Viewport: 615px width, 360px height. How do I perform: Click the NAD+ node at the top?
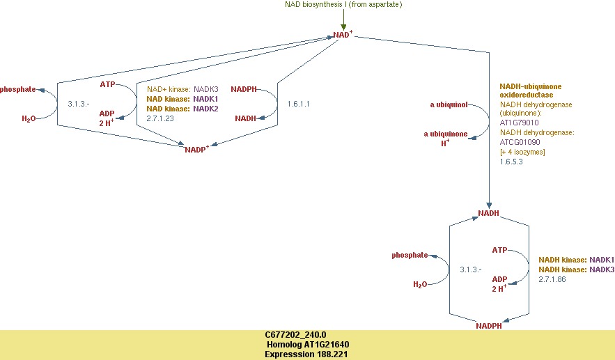point(343,34)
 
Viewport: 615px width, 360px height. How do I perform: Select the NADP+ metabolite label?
point(197,149)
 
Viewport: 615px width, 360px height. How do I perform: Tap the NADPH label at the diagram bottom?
point(489,325)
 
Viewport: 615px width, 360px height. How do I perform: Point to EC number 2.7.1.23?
point(160,119)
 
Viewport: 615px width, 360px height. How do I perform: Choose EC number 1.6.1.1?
point(298,104)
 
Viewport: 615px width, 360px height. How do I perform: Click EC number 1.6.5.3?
point(511,162)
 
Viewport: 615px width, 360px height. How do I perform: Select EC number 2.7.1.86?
point(552,279)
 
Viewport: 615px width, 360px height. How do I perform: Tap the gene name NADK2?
point(205,109)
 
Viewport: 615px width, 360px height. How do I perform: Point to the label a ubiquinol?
point(449,104)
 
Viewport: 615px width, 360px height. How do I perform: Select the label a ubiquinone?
point(446,133)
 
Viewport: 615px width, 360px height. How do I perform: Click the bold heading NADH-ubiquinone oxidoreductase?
point(531,91)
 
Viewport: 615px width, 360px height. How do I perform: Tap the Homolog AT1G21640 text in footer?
point(307,345)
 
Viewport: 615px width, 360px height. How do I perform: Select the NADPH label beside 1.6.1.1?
point(244,89)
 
